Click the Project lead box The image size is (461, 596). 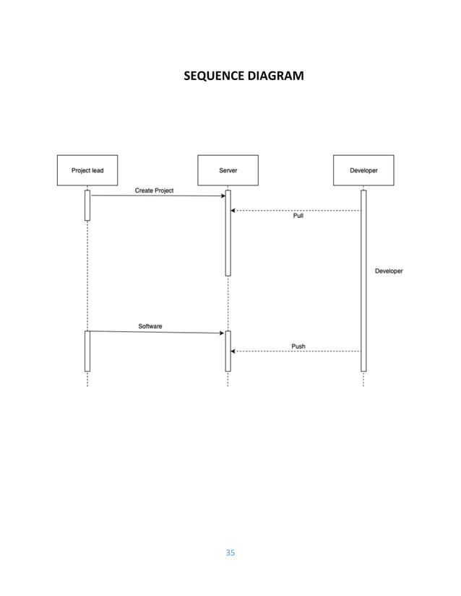[87, 170]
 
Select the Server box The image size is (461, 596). [228, 170]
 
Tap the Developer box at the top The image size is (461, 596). [363, 170]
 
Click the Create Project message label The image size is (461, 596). [154, 190]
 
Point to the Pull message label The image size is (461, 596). [298, 216]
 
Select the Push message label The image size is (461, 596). [298, 346]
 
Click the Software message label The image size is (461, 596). [150, 326]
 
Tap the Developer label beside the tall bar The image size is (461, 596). [389, 271]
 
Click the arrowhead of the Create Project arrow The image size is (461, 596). [223, 196]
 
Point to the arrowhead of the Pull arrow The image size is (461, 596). [233, 211]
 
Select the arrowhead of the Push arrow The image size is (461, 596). [233, 351]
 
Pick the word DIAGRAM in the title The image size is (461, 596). [276, 76]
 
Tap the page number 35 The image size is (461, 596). [230, 553]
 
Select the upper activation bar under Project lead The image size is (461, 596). [87, 205]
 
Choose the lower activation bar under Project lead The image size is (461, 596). [87, 351]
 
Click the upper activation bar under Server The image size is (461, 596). [228, 232]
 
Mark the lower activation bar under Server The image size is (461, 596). [228, 351]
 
